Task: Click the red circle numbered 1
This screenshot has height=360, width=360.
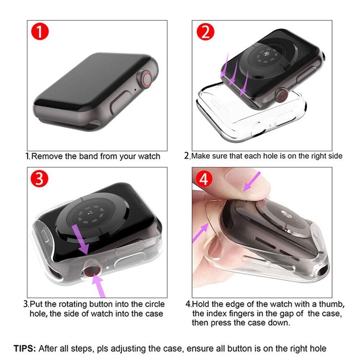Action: [40, 31]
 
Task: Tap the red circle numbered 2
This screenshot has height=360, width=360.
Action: [205, 32]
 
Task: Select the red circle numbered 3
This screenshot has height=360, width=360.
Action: [39, 178]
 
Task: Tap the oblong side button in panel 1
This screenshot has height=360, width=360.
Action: [120, 102]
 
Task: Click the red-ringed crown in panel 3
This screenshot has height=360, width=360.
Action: [92, 269]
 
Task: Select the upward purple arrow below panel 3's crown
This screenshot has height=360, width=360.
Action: [99, 286]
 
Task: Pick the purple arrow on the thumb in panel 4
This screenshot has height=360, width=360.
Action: [252, 181]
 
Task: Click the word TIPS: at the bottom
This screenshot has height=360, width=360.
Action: [25, 348]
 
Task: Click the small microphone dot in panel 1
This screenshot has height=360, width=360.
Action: [135, 90]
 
